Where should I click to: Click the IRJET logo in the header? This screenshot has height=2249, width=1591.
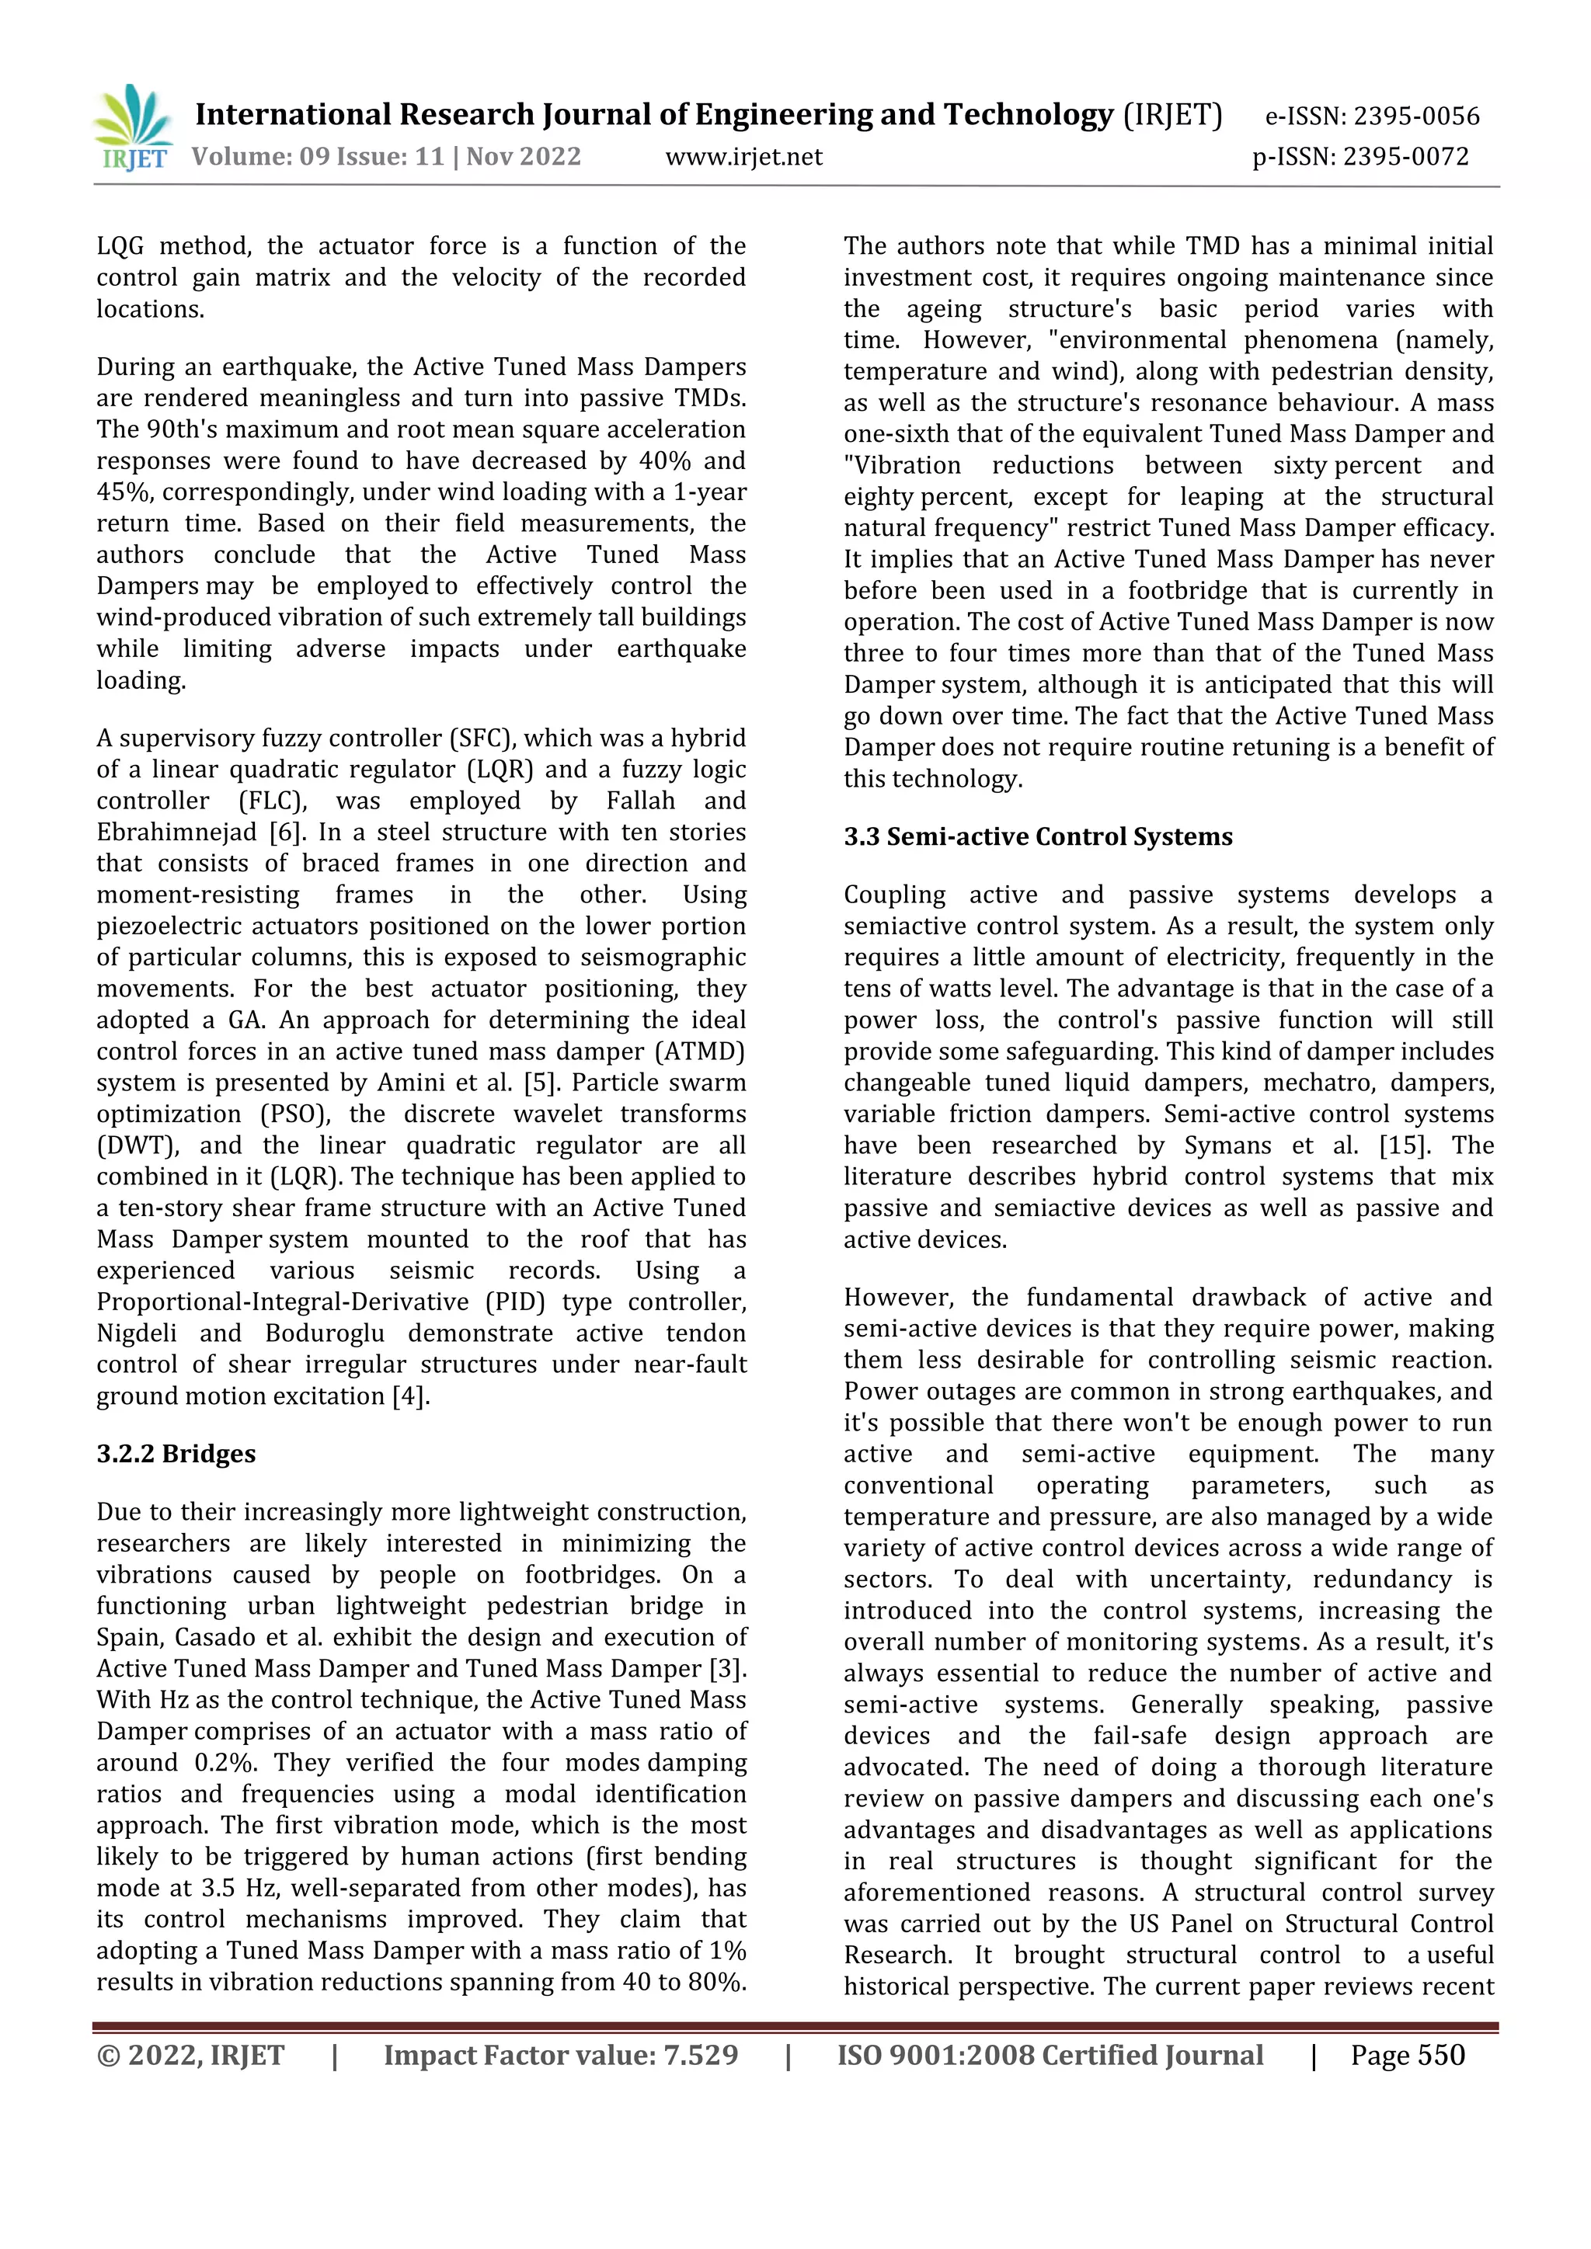point(134,128)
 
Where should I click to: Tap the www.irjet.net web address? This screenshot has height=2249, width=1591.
point(743,157)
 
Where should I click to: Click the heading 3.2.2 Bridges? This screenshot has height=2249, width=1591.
point(176,1454)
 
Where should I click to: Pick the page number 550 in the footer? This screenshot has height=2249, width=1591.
point(1436,2055)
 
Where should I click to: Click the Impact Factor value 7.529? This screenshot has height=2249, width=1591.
point(701,2055)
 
